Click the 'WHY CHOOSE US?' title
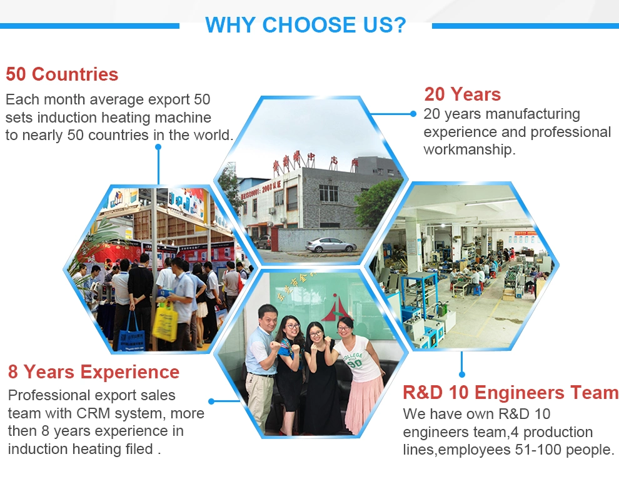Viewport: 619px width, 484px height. (x=306, y=25)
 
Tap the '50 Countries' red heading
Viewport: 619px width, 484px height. (x=62, y=74)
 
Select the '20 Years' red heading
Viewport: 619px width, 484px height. (x=462, y=94)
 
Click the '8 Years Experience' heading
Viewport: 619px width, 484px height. (x=94, y=372)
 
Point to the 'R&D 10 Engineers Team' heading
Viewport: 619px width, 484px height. (x=510, y=393)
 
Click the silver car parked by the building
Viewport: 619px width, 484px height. (x=331, y=245)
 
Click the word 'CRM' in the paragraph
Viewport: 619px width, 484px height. (x=91, y=413)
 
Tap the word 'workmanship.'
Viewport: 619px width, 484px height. (x=470, y=149)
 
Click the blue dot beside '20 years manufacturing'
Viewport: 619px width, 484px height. (x=413, y=114)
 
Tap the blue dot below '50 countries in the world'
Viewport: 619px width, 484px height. (x=158, y=147)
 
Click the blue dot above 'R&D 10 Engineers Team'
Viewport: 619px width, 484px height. (x=462, y=374)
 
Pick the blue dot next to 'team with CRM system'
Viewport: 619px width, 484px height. (x=211, y=401)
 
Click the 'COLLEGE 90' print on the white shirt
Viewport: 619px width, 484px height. (x=353, y=360)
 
